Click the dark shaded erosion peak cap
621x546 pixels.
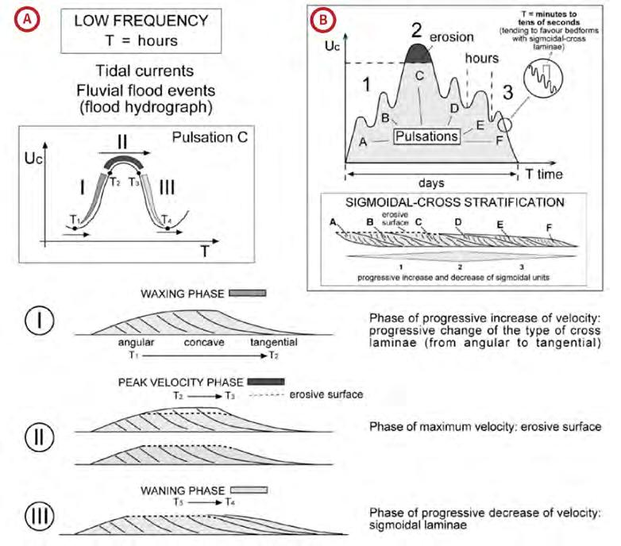coord(420,53)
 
